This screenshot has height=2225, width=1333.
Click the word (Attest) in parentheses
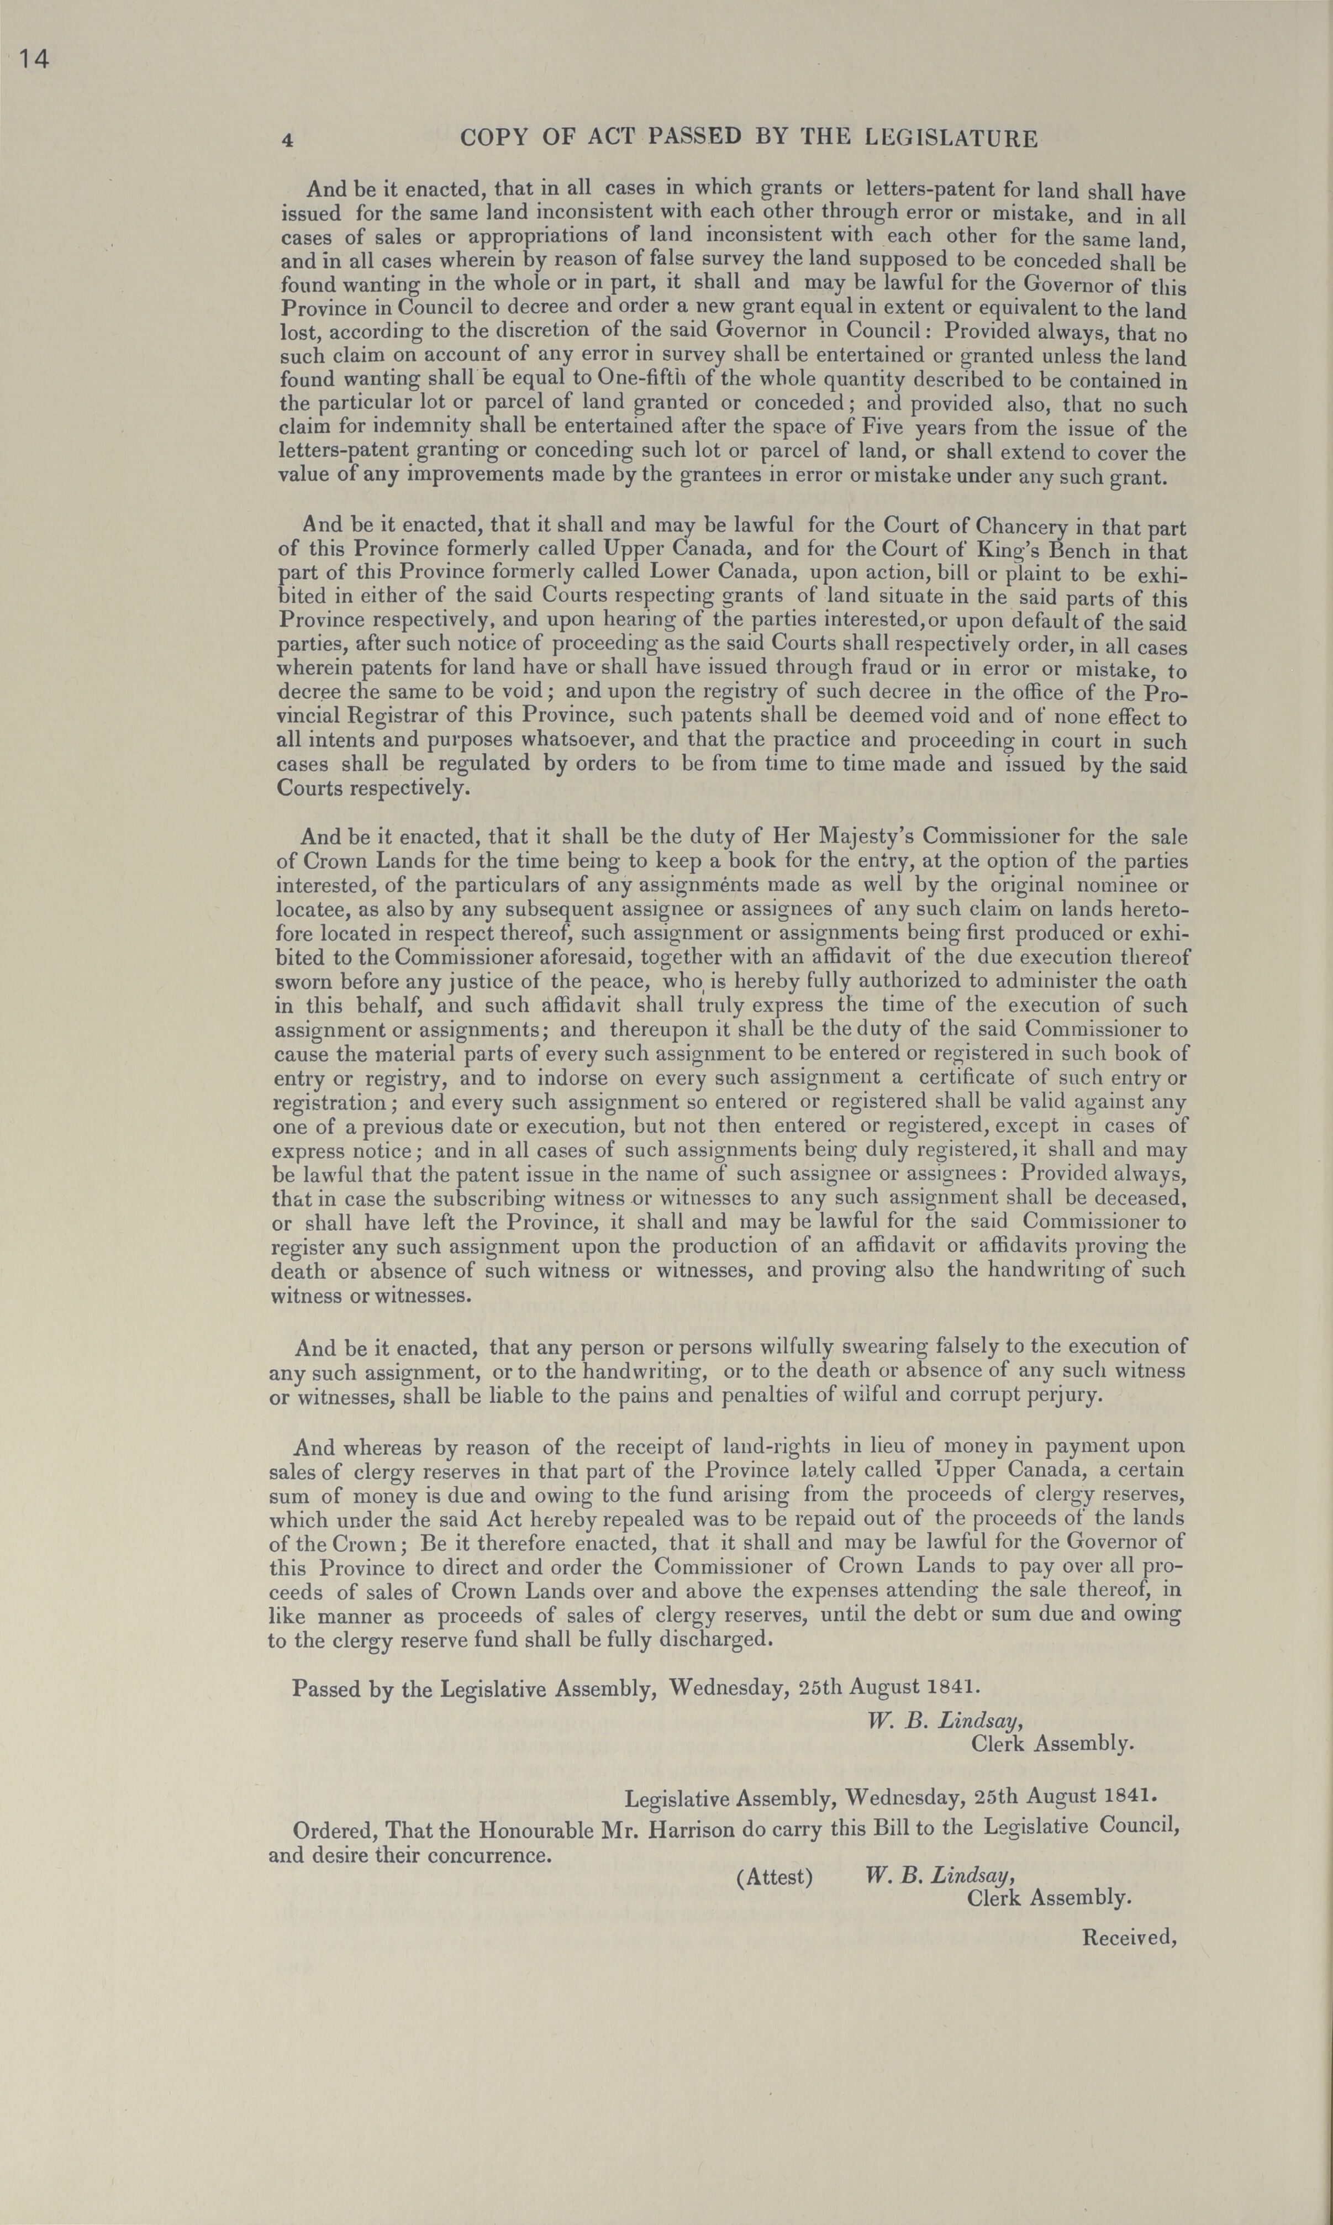coord(774,1877)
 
